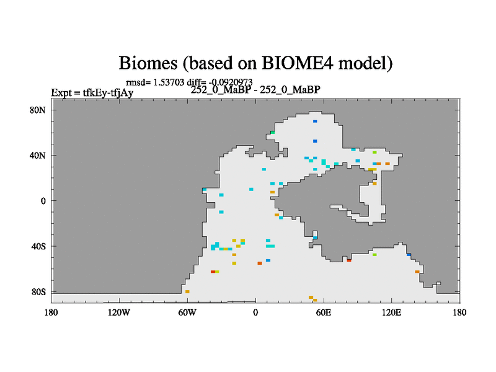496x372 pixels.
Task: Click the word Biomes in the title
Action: tap(148, 63)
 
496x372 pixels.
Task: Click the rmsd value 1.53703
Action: tap(169, 82)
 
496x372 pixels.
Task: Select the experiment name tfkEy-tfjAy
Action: tap(108, 92)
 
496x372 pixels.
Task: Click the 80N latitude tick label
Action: tap(38, 110)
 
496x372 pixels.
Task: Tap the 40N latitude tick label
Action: tap(38, 156)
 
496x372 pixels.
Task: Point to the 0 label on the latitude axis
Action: tap(43, 201)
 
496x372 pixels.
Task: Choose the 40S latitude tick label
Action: tap(38, 246)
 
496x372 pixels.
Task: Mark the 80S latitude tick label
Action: tap(38, 292)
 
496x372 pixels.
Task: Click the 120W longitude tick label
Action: tap(119, 312)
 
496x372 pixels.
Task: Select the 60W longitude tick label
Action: tap(187, 312)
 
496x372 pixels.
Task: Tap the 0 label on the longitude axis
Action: tap(255, 312)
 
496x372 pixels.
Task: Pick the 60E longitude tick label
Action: tap(324, 312)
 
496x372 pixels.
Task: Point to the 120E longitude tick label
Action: tap(392, 312)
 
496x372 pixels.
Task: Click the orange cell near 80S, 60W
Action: tap(187, 291)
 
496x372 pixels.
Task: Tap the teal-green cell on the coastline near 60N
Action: tap(272, 133)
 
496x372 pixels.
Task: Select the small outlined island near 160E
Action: tap(439, 283)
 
